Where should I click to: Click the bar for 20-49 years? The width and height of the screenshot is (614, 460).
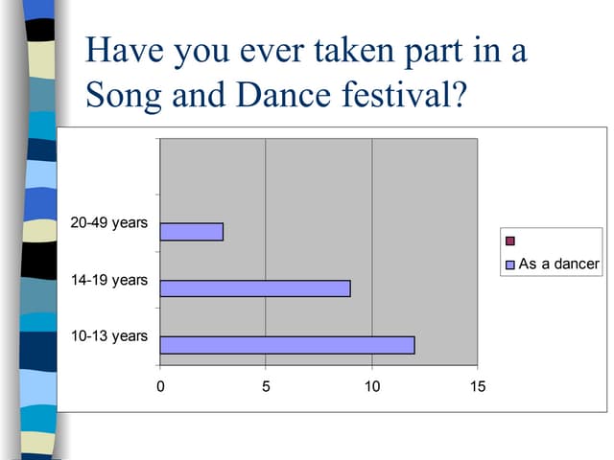[x=192, y=232]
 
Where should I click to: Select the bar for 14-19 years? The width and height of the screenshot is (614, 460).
[x=255, y=288]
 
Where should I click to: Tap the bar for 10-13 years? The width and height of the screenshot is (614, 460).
[x=287, y=345]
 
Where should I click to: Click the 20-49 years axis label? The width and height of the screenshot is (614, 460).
[x=109, y=223]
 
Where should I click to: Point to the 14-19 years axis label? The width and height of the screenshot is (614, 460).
[x=109, y=280]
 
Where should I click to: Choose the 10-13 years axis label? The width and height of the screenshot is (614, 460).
[x=109, y=336]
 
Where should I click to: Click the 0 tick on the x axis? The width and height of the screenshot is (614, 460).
[x=160, y=386]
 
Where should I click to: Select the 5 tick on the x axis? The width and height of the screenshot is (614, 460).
[x=266, y=386]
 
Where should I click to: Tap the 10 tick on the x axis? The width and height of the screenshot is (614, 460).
[x=372, y=386]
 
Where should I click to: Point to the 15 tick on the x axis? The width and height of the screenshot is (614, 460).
[x=478, y=386]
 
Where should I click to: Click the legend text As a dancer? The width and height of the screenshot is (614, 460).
[x=558, y=264]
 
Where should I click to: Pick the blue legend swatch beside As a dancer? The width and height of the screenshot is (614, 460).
[x=510, y=264]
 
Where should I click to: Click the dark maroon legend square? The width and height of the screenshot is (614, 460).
[x=510, y=241]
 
